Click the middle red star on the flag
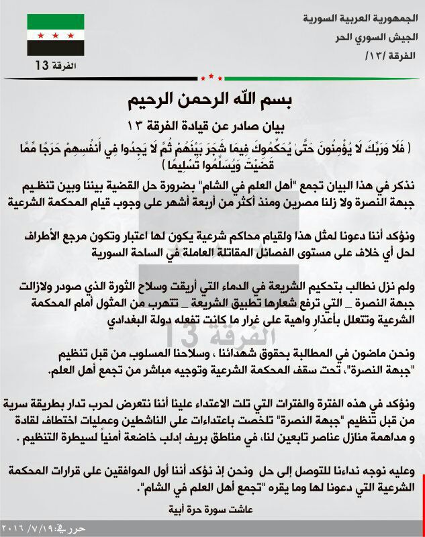point(55,34)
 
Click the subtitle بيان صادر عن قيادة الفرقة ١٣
point(212,126)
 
